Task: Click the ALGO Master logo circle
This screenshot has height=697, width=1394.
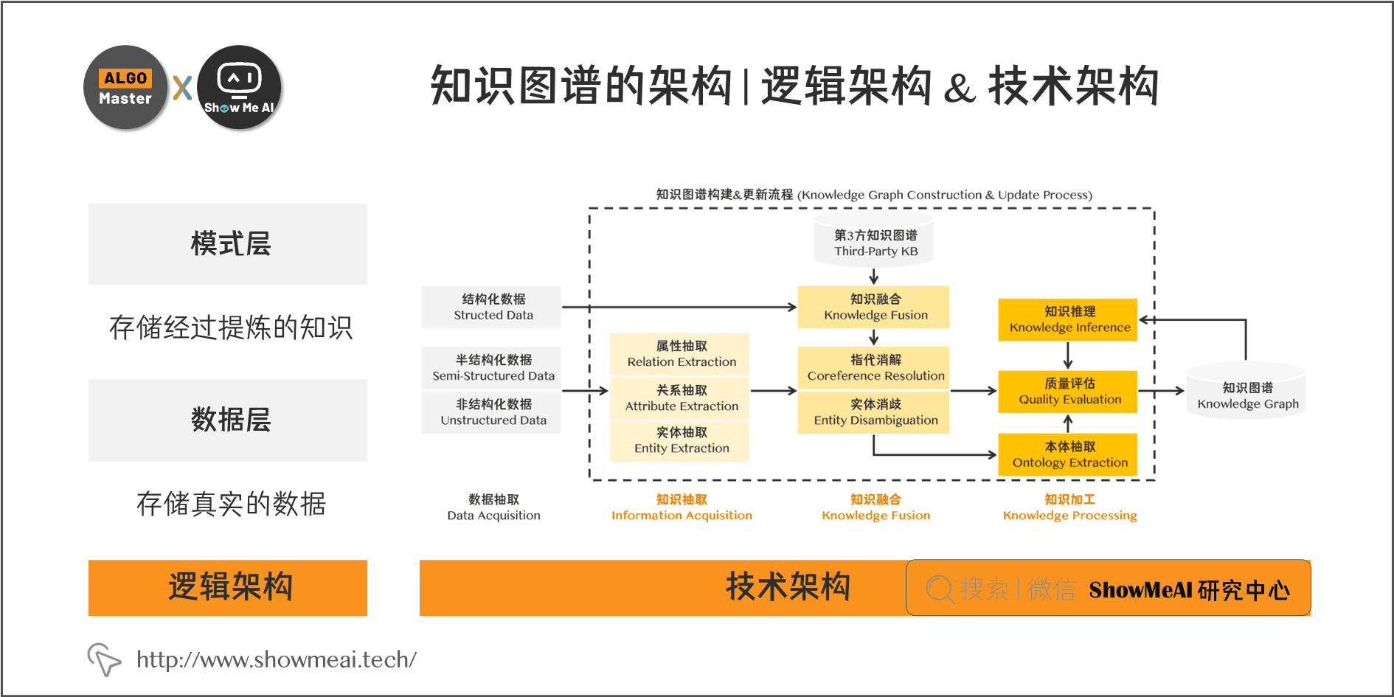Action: point(125,88)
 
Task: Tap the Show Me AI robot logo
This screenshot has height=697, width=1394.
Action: point(239,88)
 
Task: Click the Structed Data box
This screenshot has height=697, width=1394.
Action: point(492,307)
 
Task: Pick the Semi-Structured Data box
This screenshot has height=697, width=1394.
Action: point(492,367)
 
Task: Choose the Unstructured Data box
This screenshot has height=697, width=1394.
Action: point(492,412)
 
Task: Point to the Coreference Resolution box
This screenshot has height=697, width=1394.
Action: point(875,367)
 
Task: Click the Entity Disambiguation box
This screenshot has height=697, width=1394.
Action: point(875,412)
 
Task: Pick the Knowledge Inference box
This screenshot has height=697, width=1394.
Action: point(1069,319)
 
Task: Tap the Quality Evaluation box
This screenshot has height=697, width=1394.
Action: point(1069,391)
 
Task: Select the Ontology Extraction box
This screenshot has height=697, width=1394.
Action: point(1069,454)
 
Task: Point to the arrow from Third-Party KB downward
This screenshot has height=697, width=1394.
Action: point(874,277)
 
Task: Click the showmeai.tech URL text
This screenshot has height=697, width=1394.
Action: point(277,659)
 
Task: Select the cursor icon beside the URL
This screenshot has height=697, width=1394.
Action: point(104,658)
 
